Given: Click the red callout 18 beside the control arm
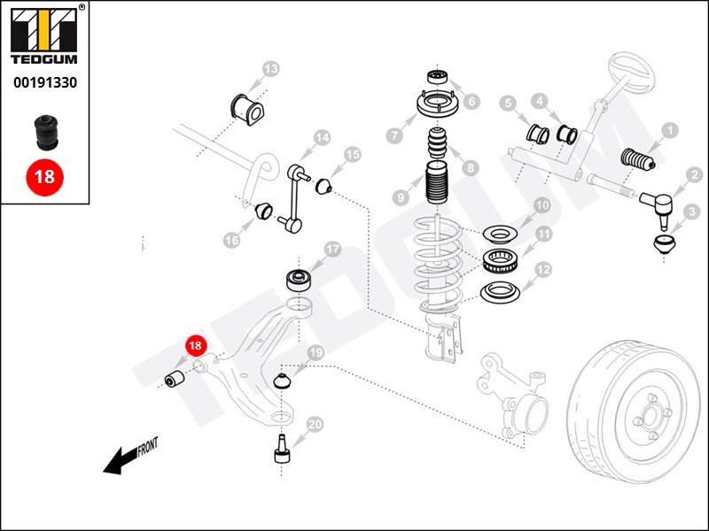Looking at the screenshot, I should click(193, 346).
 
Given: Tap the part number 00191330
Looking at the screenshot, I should click(44, 82).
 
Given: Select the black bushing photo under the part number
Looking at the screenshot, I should click(44, 131).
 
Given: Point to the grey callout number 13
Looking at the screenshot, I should click(270, 68).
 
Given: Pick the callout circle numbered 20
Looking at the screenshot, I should click(315, 425).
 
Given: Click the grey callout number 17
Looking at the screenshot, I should click(333, 250).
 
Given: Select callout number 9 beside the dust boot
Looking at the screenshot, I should click(401, 196).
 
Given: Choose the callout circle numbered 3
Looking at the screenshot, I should click(692, 212).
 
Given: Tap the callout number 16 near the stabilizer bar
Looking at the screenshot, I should click(232, 239).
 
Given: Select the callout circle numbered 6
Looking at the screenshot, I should click(471, 102).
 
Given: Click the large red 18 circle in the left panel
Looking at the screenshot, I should click(44, 175).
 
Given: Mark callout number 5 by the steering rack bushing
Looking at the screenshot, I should click(508, 104).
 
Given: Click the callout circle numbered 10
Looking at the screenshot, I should click(541, 206).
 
